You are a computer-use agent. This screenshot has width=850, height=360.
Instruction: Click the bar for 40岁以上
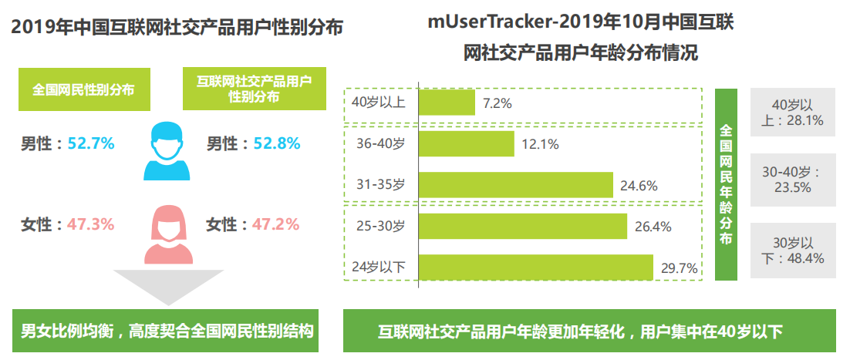click(447, 103)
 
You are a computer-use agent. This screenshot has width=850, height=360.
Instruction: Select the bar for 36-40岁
click(466, 144)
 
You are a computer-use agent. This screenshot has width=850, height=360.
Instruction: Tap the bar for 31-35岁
click(515, 185)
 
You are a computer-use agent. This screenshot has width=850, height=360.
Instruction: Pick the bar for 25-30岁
click(522, 227)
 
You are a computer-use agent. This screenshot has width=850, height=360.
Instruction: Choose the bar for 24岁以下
click(535, 267)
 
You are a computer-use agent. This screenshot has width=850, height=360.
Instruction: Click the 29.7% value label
click(680, 268)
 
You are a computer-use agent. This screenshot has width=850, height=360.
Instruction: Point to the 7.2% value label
click(498, 103)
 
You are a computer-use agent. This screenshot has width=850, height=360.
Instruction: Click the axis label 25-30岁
click(378, 227)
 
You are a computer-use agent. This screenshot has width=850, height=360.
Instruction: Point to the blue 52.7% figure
click(91, 143)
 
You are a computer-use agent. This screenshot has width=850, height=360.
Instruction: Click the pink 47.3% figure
click(91, 224)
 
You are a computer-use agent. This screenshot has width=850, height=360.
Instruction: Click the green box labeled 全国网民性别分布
click(84, 89)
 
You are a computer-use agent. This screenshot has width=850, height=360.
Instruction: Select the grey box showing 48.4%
click(793, 251)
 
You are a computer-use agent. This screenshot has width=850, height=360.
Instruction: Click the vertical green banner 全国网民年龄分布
click(727, 184)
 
